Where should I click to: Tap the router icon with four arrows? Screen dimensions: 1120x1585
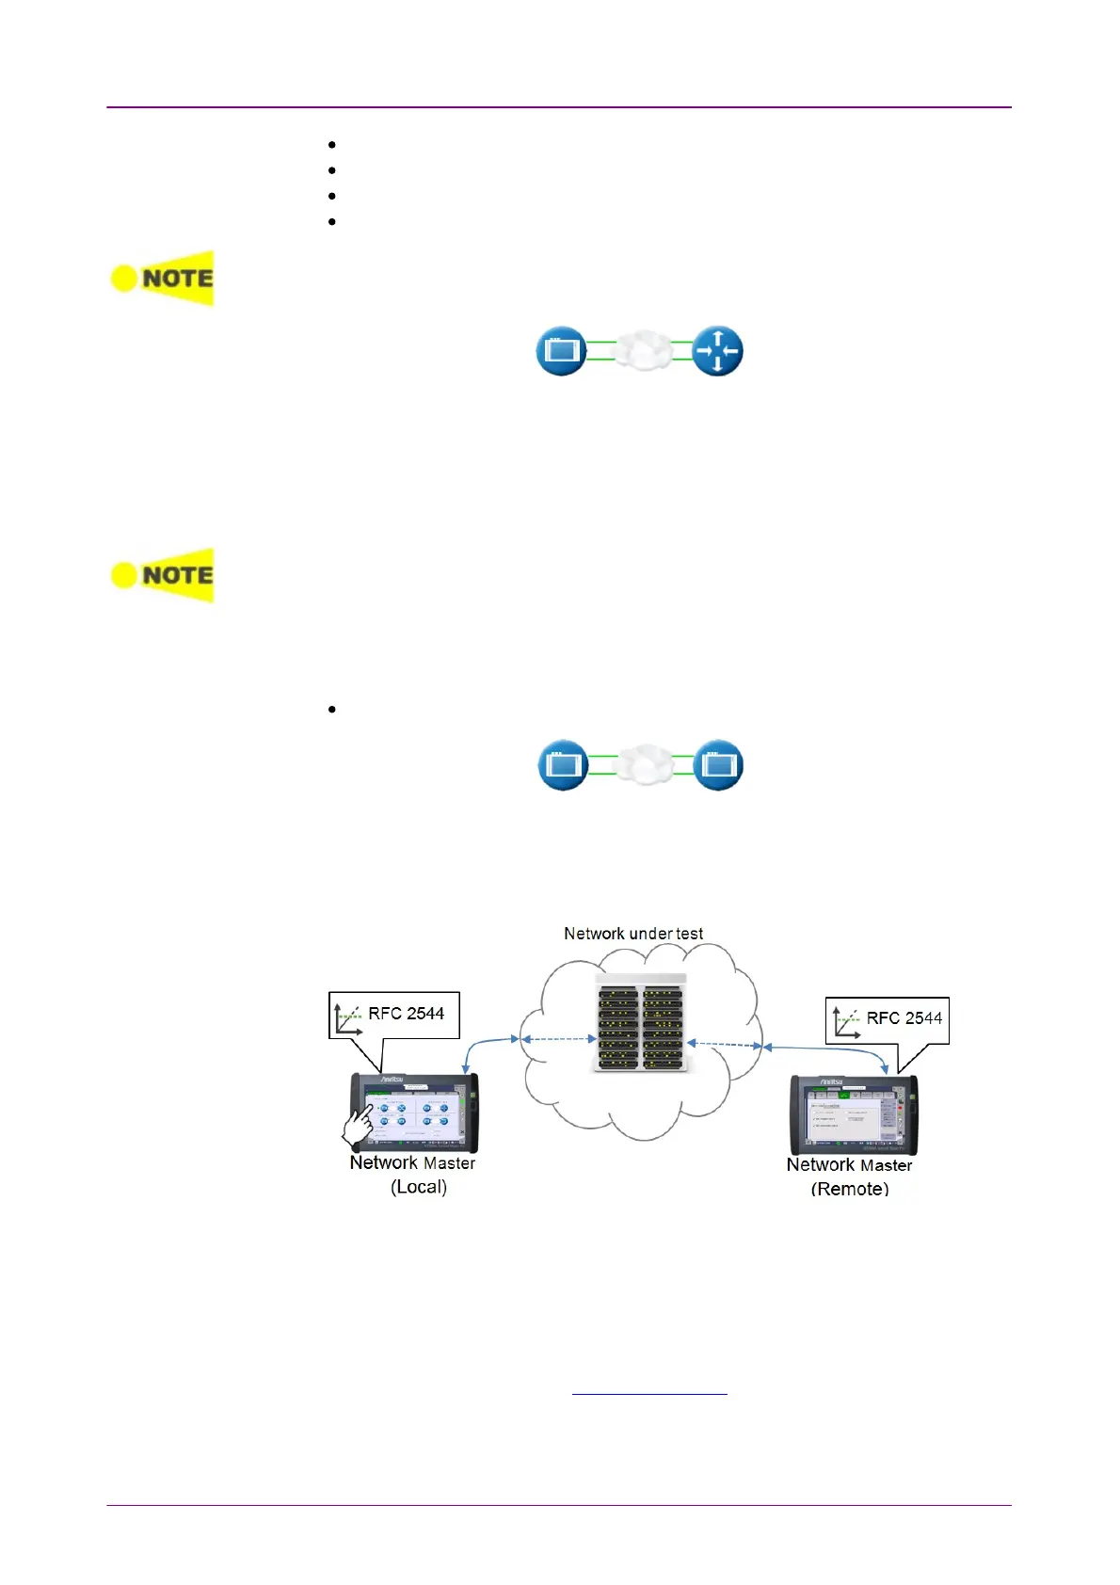coord(717,351)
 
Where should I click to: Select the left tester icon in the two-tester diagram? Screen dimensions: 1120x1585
coord(563,764)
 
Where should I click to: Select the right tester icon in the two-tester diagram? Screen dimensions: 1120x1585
coord(718,764)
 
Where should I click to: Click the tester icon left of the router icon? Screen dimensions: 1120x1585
coord(561,351)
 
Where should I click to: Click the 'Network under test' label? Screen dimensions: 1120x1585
coord(633,934)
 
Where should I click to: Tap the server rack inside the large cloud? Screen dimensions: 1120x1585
coord(640,1024)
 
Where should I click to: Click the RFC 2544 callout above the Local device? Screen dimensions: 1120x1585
coord(394,1015)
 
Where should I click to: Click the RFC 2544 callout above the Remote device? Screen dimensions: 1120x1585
coord(888,1019)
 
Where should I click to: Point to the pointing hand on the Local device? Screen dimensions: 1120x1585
coord(358,1126)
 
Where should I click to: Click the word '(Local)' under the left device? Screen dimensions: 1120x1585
coord(419,1187)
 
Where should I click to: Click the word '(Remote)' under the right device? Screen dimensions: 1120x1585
coord(850,1189)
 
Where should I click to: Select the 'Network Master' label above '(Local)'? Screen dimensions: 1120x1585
coord(412,1163)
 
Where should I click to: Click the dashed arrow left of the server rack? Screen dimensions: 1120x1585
coord(559,1039)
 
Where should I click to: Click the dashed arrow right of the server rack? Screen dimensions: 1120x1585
coord(725,1044)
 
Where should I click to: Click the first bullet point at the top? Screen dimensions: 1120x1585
coord(332,145)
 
